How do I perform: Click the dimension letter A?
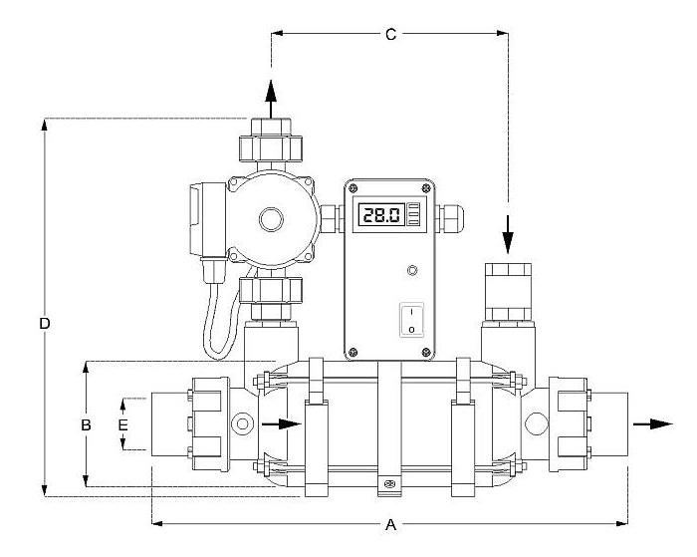point(390,525)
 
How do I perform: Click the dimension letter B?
point(86,424)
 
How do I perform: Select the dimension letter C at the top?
point(390,34)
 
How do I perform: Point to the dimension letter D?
point(45,324)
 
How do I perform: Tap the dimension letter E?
point(122,424)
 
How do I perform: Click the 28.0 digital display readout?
point(381,215)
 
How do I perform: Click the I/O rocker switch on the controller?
point(411,320)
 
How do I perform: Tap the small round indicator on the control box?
point(412,270)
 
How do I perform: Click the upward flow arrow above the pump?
point(271,99)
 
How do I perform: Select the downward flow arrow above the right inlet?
point(508,234)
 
